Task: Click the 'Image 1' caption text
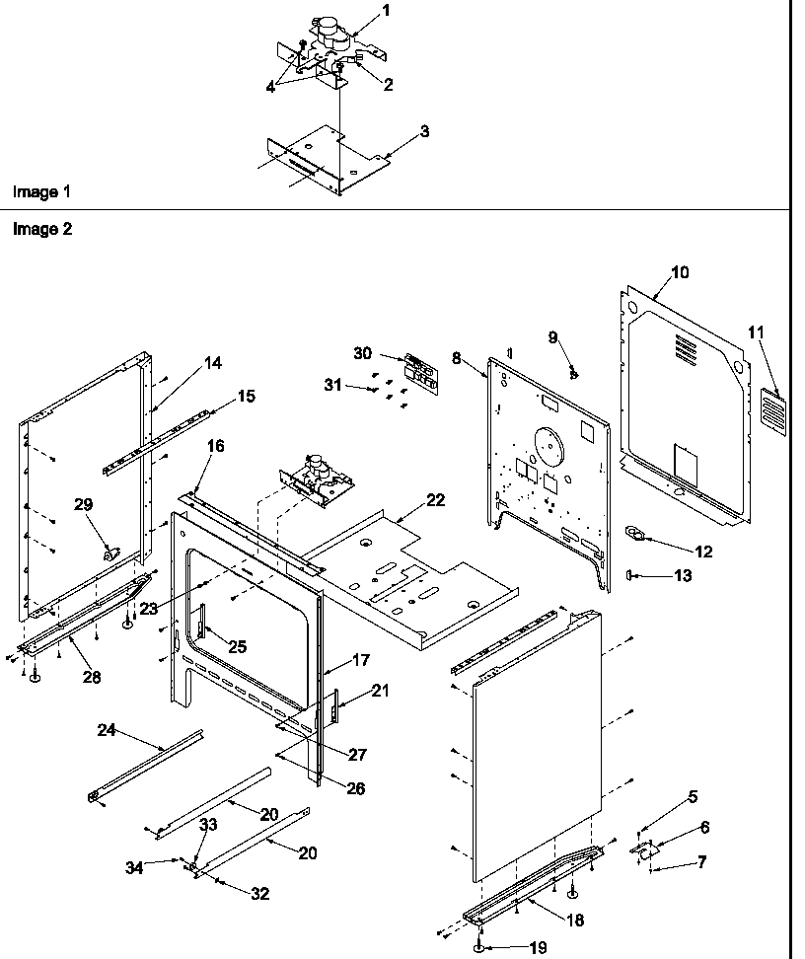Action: coord(40,190)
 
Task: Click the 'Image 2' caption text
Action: coord(40,229)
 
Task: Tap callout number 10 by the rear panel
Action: coord(680,272)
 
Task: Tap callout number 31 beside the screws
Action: coord(334,385)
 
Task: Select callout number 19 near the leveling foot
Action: coord(537,947)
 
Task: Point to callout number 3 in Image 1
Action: coord(423,131)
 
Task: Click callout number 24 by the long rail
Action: coord(107,730)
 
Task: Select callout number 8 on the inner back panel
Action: coord(457,359)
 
